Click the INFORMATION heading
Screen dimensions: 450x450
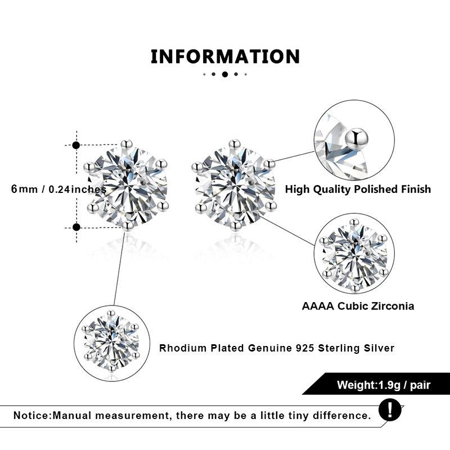[225, 56]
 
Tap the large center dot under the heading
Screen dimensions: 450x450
[225, 74]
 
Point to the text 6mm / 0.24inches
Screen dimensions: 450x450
[58, 190]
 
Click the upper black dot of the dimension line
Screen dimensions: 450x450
[76, 145]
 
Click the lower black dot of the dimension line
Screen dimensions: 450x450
[76, 227]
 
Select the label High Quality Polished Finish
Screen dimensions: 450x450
[358, 189]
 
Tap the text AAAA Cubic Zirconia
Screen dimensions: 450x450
[358, 306]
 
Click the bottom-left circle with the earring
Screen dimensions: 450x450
[113, 343]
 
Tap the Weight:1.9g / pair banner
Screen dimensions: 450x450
[376, 385]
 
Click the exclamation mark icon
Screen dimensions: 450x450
[390, 409]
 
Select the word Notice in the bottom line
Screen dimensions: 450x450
[31, 416]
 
